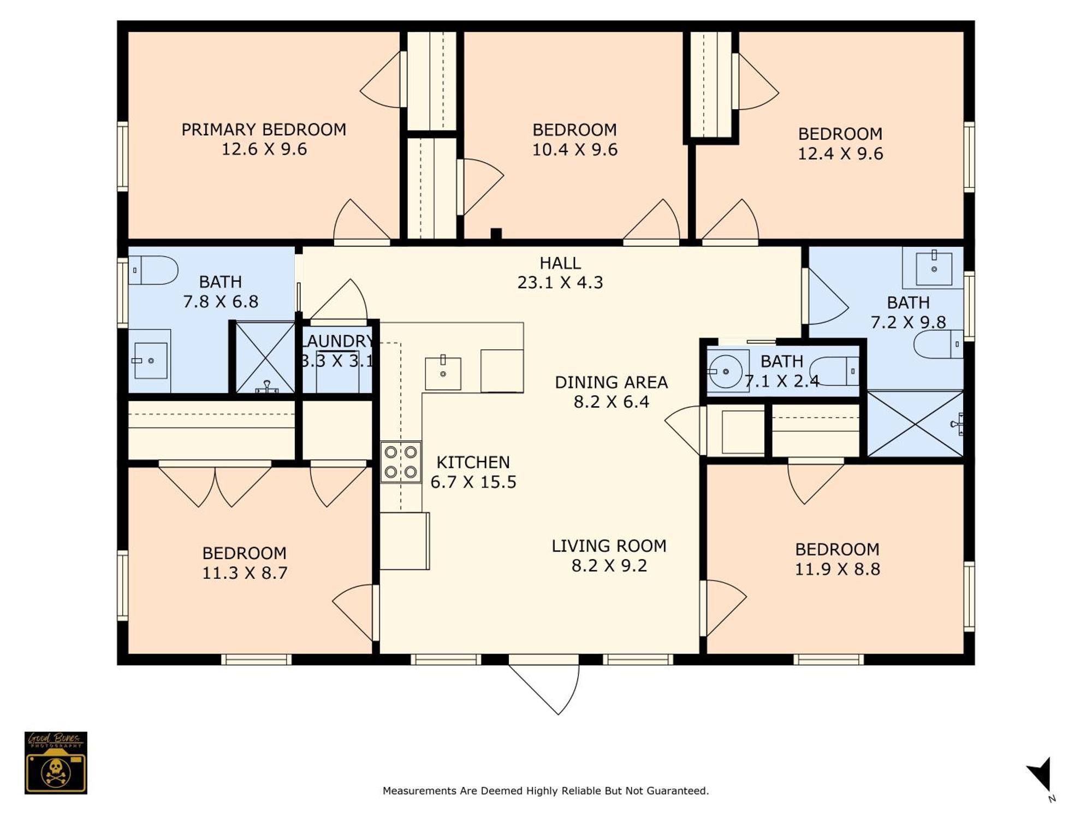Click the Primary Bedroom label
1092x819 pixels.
pos(264,129)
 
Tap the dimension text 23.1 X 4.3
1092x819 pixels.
pos(560,282)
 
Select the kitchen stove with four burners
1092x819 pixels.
pos(401,461)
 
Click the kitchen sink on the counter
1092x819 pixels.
pos(443,373)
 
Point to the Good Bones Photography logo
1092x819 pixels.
pos(56,763)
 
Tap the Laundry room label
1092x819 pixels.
pos(337,341)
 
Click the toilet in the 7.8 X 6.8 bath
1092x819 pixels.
pos(153,270)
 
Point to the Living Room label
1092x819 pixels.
pos(609,545)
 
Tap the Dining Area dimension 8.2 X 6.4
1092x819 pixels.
pos(611,402)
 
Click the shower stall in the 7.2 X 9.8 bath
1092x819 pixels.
pos(915,424)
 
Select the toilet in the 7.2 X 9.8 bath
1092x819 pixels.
pos(939,344)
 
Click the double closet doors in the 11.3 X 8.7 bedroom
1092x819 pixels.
pos(215,484)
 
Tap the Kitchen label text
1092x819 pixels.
pos(473,462)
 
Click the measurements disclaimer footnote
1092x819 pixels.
pos(545,791)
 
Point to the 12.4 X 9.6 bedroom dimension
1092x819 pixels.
pos(840,153)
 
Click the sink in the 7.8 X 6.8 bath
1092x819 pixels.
pos(150,360)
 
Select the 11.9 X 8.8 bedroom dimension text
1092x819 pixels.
pos(837,569)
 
